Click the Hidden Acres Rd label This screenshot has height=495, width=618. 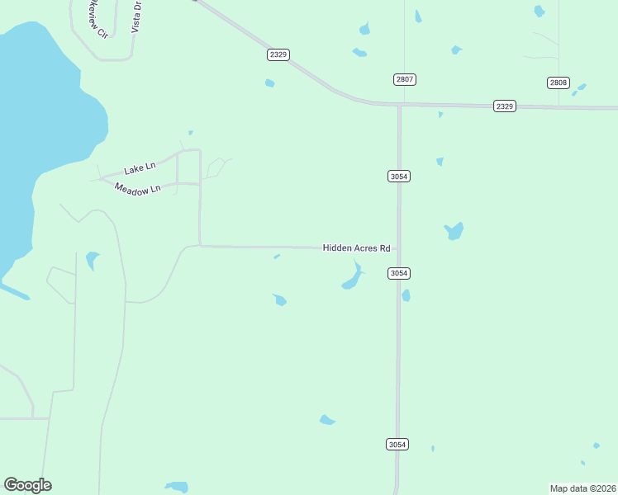coord(356,247)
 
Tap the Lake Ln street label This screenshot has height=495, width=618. coord(140,168)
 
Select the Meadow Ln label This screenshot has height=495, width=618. coord(136,189)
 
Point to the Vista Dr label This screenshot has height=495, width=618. coord(138,16)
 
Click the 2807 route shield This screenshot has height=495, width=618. coord(404,79)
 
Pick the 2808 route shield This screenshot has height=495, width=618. coord(558,82)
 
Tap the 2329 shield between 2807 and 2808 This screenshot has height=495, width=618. coord(505,106)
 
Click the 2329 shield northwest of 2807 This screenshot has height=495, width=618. coord(278,54)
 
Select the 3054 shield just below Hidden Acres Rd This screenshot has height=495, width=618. coord(399,273)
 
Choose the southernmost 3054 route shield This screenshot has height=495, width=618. coord(397,444)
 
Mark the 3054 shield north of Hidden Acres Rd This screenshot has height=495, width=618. coord(399,176)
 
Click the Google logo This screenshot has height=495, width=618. coord(27,485)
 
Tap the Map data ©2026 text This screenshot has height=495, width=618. coord(583,488)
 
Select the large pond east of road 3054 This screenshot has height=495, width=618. coord(454,231)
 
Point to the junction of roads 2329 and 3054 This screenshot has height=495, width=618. coord(399,105)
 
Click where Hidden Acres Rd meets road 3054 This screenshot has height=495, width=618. coord(399,247)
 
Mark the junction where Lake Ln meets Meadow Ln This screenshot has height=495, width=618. coord(100,179)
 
